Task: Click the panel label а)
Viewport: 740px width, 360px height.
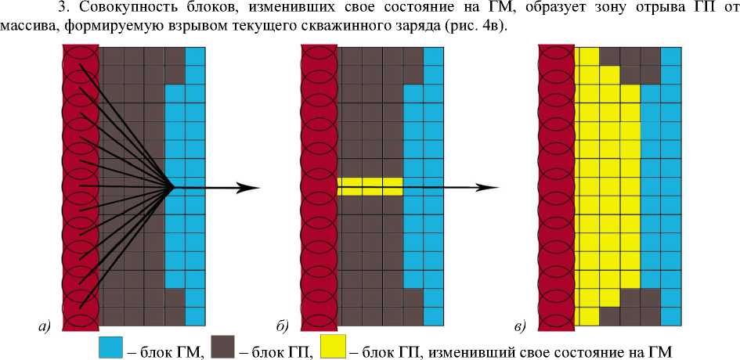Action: coord(44,326)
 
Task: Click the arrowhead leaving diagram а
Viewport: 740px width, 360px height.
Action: coord(249,187)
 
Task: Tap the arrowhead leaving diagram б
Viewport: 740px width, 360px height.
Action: coord(489,187)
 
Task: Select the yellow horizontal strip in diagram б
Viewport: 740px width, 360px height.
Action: coord(370,186)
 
